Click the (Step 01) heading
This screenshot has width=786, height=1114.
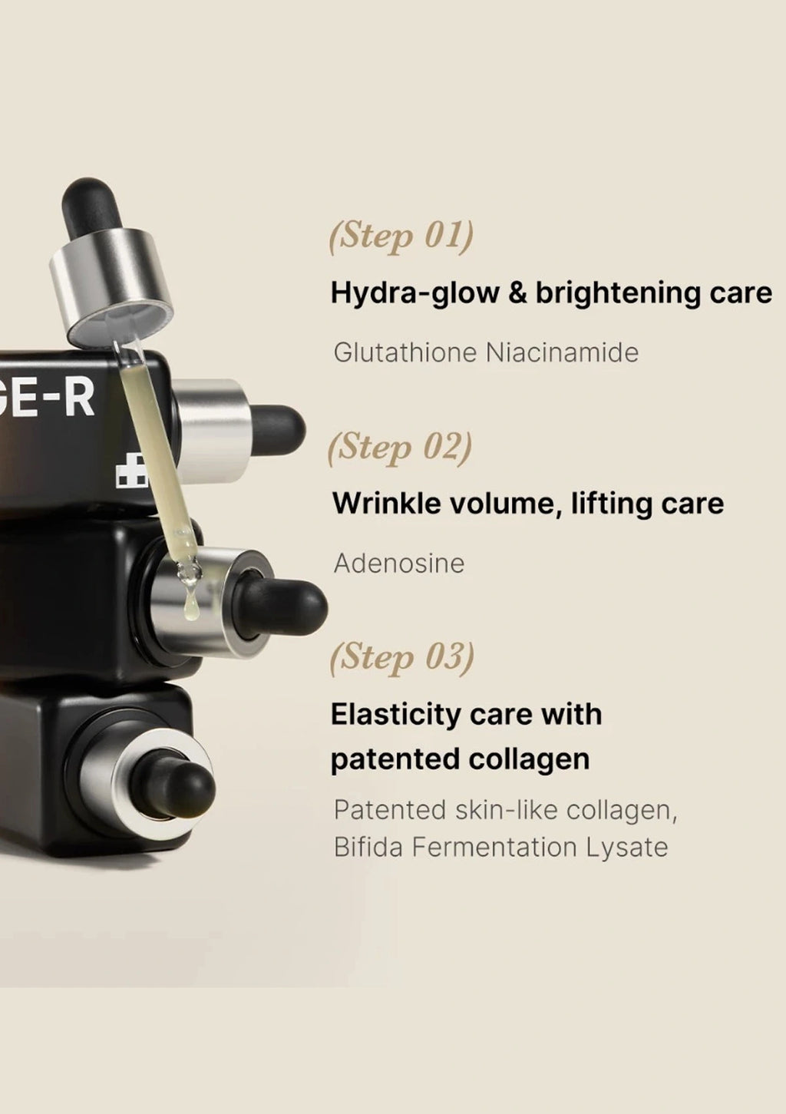pyautogui.click(x=401, y=237)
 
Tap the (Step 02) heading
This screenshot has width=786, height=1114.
pyautogui.click(x=400, y=448)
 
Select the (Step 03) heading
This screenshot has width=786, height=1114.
pyautogui.click(x=401, y=659)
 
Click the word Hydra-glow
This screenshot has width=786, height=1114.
pyautogui.click(x=415, y=294)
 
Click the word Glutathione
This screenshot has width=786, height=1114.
pyautogui.click(x=405, y=353)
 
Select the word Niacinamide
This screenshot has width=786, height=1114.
pyautogui.click(x=562, y=353)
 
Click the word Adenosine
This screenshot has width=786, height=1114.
pyautogui.click(x=399, y=564)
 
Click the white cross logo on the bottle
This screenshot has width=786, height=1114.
pyautogui.click(x=132, y=469)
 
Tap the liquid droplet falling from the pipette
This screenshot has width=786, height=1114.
pyautogui.click(x=191, y=609)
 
